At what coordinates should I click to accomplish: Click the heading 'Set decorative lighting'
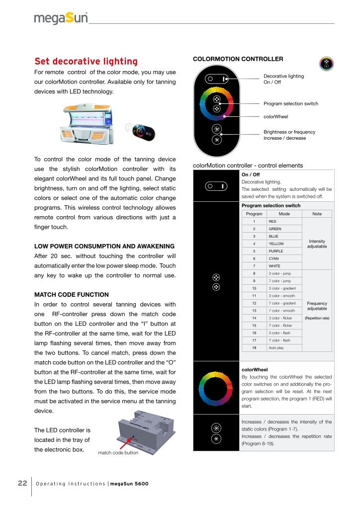(x=86, y=62)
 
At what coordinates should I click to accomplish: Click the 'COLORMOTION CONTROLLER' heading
(x=238, y=59)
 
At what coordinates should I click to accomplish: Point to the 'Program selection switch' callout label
(x=290, y=103)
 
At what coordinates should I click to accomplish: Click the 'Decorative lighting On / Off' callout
(x=283, y=79)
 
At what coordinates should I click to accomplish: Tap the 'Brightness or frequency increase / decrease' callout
(x=289, y=135)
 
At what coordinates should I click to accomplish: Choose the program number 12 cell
(x=254, y=303)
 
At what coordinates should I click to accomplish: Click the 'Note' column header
(x=317, y=214)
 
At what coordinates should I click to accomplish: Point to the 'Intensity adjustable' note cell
(x=317, y=244)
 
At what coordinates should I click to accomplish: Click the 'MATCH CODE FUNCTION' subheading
(x=71, y=295)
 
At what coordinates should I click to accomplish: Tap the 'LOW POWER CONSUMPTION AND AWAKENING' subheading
(x=104, y=247)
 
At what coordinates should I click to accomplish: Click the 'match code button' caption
(x=118, y=453)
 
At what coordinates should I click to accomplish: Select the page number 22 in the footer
(x=22, y=483)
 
